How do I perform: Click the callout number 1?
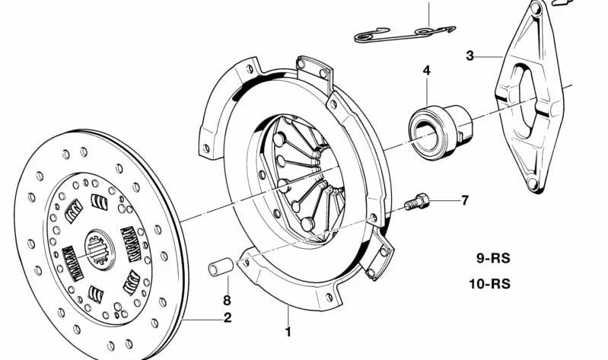coord(288,332)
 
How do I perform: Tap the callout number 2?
coord(228,318)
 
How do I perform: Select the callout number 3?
coord(470,56)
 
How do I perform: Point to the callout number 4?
coord(426,70)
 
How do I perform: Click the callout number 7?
coord(464,201)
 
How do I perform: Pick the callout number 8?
coord(226,301)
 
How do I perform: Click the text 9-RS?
coord(493,258)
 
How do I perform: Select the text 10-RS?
coord(489,285)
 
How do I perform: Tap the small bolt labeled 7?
coord(417,203)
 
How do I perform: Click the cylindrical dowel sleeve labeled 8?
coord(220,267)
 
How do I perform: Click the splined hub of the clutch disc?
coord(100,247)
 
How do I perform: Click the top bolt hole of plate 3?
coord(536,10)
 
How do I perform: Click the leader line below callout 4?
coord(426,90)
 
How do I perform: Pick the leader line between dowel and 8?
coord(225,285)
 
